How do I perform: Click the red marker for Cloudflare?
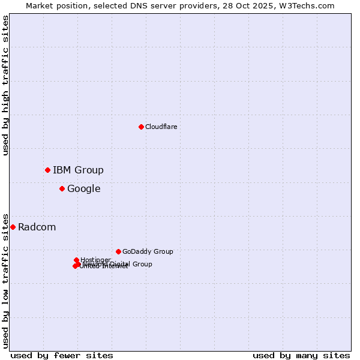141,127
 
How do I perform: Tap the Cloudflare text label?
161,127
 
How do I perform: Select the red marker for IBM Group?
47,170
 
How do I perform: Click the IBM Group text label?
78,170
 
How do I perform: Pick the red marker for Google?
62,188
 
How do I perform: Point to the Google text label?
83,189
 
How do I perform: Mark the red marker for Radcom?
13,227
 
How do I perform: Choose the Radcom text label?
37,227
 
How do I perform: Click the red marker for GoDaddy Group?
118,251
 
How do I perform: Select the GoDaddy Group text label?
148,251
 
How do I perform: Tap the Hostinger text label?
95,260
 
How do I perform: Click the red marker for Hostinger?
76,260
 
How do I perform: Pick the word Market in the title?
41,5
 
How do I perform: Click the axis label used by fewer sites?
62,355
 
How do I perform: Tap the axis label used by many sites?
301,355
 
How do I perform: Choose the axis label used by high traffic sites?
5,85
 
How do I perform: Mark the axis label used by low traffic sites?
5,280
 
